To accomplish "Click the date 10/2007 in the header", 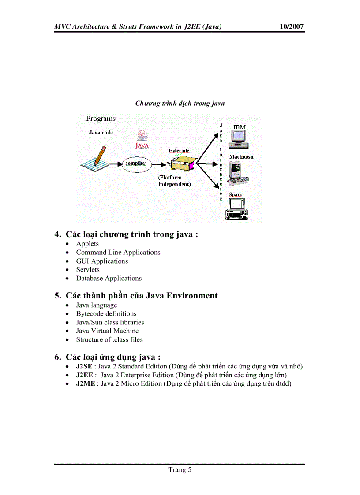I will tap(292, 27).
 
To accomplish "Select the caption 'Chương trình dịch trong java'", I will tap(180, 104).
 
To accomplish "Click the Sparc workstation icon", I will tap(236, 208).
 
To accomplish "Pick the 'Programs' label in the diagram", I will tap(101, 119).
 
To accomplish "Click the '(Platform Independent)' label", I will tap(174, 181).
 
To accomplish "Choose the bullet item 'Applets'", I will tap(87, 244).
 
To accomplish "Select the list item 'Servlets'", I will tap(88, 270).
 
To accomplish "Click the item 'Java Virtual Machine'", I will tap(107, 331).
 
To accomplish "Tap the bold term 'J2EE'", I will tap(84, 375).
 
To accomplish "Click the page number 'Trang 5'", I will tap(180, 470).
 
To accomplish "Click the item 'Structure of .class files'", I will tap(109, 340).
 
